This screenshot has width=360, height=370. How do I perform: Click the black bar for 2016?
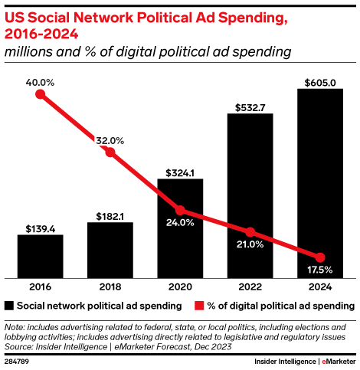coord(41,257)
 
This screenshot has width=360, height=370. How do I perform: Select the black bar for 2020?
coord(180,228)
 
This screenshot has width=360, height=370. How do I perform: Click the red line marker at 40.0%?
coord(41,95)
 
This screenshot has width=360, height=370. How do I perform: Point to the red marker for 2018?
coord(110,152)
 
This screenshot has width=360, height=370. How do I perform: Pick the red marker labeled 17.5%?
coord(320,257)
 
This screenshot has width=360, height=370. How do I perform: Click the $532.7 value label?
coord(250,106)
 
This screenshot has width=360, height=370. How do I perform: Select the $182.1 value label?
coord(110,214)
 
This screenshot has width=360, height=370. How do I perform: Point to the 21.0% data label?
coord(250,244)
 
